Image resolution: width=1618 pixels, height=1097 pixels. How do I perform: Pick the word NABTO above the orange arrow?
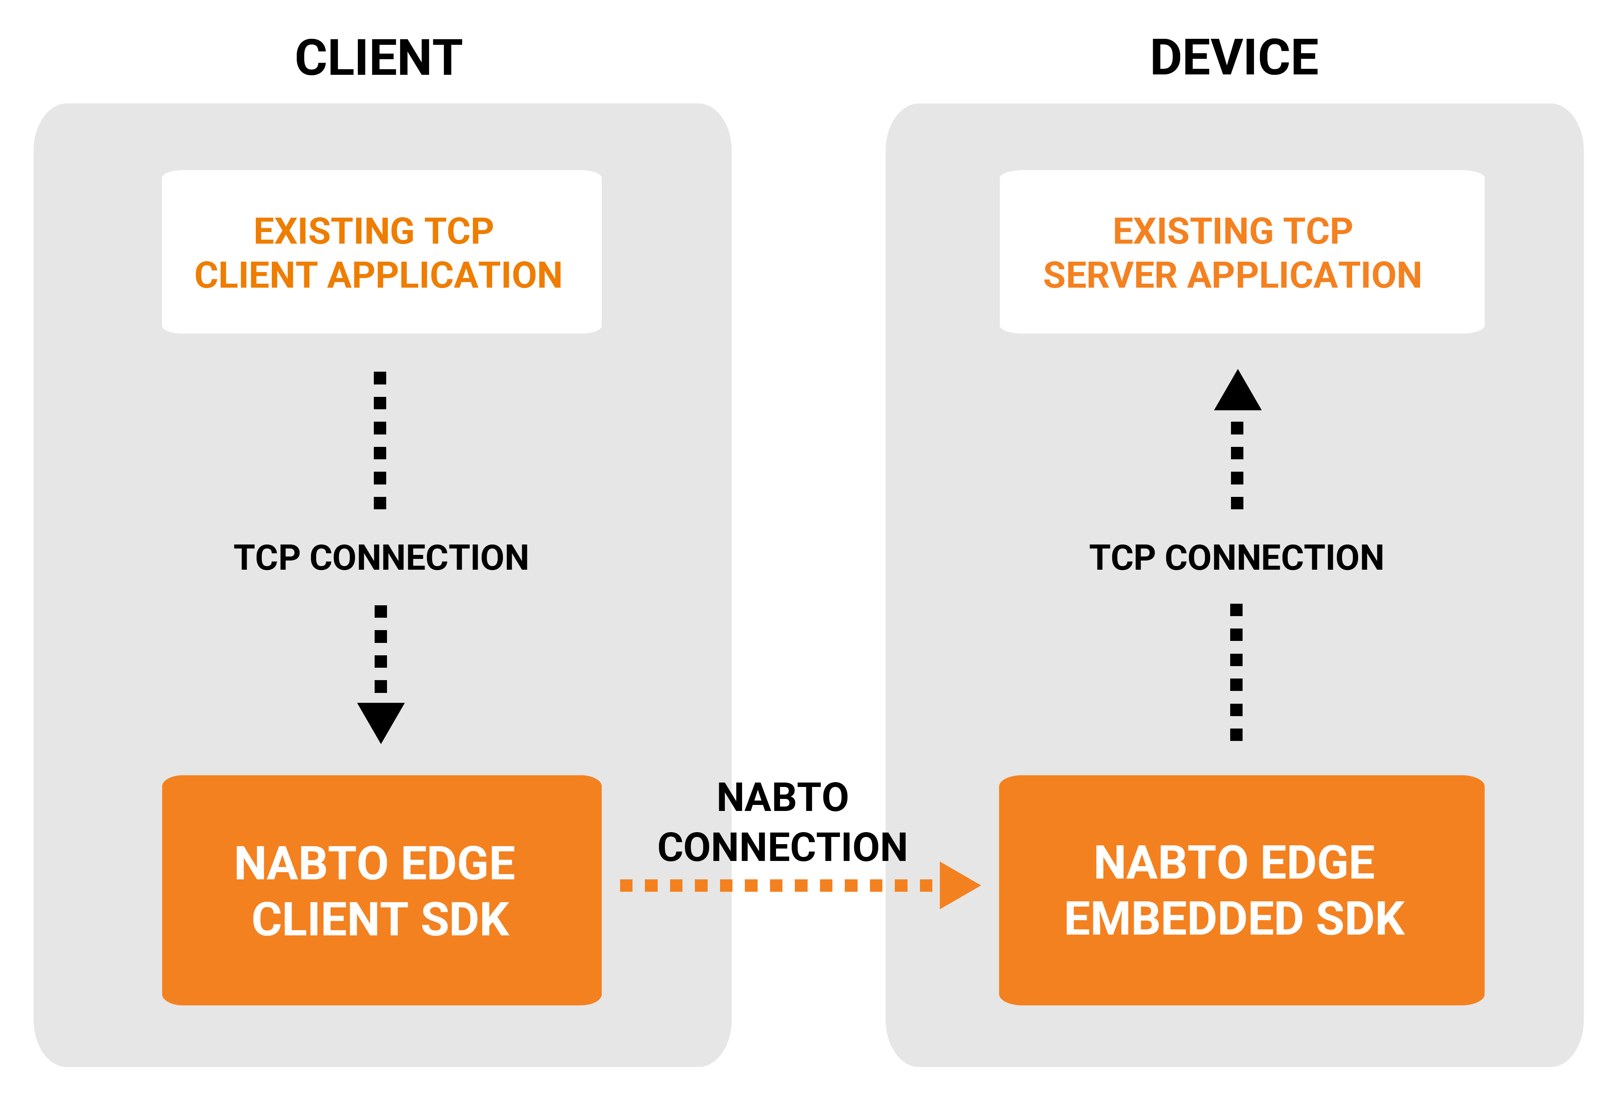pyautogui.click(x=782, y=797)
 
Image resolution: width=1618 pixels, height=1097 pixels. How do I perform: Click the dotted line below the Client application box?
pyautogui.click(x=380, y=440)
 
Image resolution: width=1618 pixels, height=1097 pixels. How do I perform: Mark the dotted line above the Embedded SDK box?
pyautogui.click(x=1237, y=672)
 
